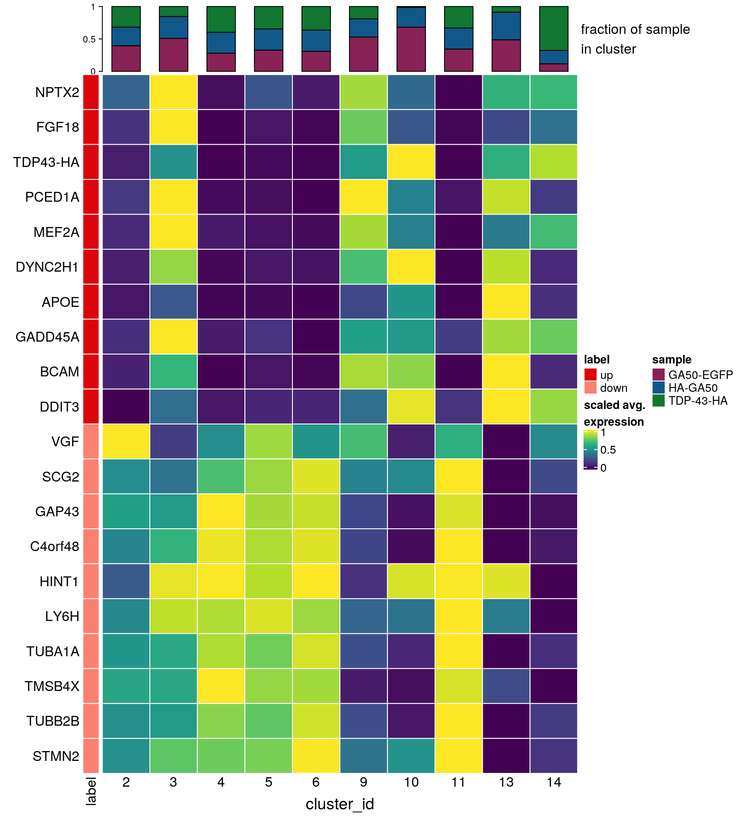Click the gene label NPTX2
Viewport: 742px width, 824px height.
(x=57, y=92)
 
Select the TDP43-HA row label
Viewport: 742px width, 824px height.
(x=46, y=162)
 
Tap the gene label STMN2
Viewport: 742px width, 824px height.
(x=56, y=756)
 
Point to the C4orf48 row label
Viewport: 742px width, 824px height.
(x=55, y=546)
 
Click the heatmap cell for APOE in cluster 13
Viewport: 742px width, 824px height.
(x=506, y=302)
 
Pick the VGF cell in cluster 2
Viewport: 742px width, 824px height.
(x=126, y=441)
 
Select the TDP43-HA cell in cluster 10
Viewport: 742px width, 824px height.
(x=411, y=162)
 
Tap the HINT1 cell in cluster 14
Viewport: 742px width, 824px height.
(x=553, y=581)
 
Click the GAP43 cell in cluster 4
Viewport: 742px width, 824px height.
(x=221, y=511)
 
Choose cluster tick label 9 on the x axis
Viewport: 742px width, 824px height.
(x=363, y=782)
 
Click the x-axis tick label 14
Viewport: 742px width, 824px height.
(x=553, y=782)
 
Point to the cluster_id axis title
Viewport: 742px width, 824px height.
(x=340, y=804)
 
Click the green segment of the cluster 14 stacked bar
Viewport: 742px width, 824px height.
(x=553, y=28)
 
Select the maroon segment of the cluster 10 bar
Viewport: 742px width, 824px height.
(x=411, y=49)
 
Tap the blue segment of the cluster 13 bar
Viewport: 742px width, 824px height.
(x=506, y=26)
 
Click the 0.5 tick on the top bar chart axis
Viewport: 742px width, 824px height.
(x=89, y=39)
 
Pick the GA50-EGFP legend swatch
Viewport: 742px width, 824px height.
(x=658, y=375)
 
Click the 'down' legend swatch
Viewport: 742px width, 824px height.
(x=590, y=388)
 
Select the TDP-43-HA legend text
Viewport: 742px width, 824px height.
(x=698, y=401)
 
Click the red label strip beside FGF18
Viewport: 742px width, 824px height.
(x=91, y=127)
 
